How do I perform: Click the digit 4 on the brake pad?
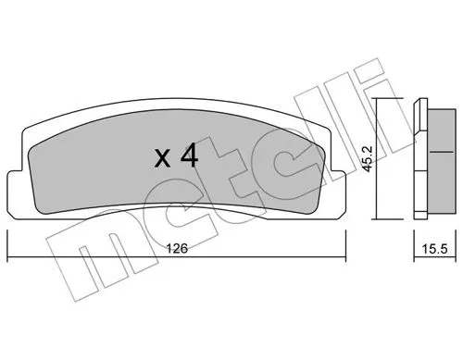pyautogui.click(x=188, y=156)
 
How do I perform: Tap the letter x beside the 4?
pyautogui.click(x=162, y=158)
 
